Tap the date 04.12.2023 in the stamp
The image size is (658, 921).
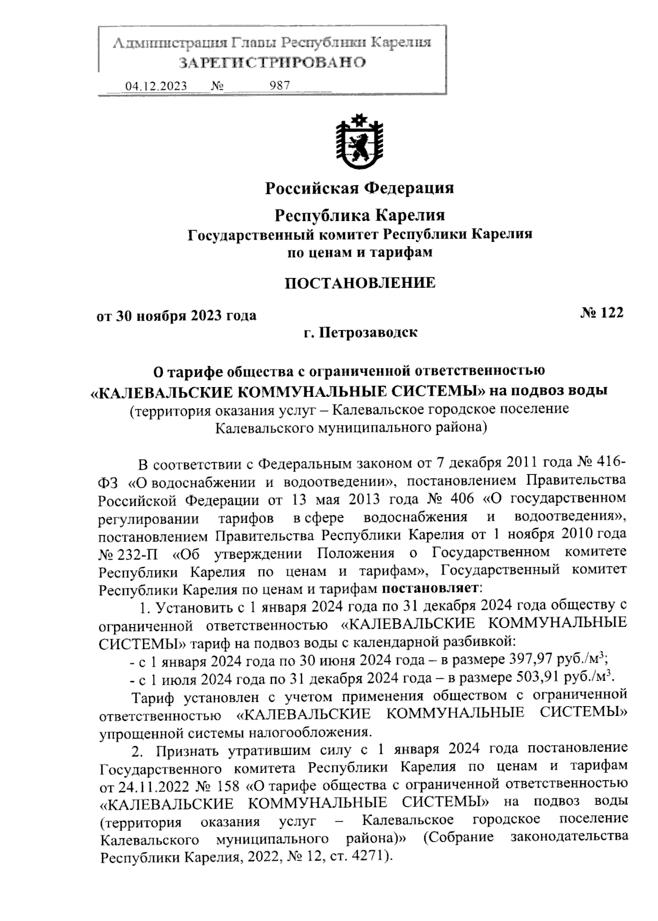click(x=156, y=86)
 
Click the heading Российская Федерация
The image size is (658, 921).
click(x=360, y=188)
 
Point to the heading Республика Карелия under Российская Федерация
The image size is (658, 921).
click(x=360, y=214)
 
